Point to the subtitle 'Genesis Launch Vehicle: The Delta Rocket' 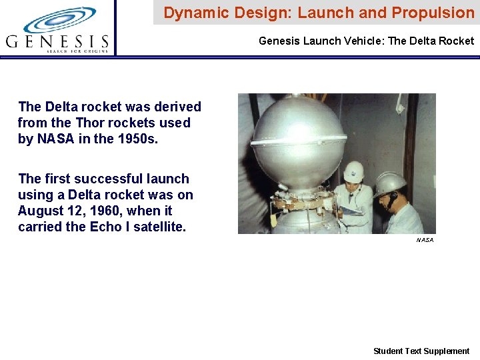(x=366, y=41)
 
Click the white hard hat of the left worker (x=353, y=171)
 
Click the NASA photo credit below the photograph (x=425, y=240)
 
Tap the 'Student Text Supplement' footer (x=421, y=351)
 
